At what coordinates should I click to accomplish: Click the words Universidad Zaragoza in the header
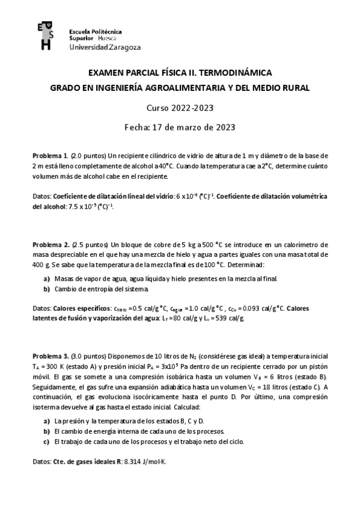(x=97, y=46)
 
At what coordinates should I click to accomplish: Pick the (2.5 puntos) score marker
(x=89, y=245)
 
